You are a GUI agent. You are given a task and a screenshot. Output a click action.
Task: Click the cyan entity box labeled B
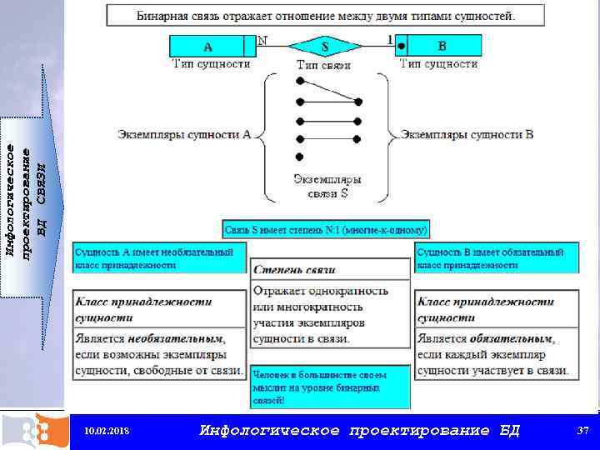pos(442,46)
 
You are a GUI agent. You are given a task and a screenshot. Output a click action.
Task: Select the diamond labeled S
pos(325,46)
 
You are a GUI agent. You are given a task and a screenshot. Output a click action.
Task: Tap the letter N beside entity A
pos(263,39)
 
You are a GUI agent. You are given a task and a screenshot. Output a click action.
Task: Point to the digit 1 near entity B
pos(389,39)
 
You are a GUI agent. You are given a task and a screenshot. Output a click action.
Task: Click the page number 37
pos(583,430)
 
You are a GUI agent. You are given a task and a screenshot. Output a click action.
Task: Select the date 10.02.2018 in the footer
pos(107,431)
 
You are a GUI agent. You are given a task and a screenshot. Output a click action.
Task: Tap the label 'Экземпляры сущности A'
pos(184,133)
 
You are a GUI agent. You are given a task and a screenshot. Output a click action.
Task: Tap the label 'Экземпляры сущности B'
pos(467,133)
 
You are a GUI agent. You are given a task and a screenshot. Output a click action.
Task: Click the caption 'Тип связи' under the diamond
pos(323,64)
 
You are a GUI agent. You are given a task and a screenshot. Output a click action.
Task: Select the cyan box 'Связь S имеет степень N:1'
pos(326,228)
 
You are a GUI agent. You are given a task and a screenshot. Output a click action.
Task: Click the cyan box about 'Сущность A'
pos(159,257)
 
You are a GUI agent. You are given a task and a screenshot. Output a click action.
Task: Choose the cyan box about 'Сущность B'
pos(496,257)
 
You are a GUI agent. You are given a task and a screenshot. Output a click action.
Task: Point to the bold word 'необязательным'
pos(176,339)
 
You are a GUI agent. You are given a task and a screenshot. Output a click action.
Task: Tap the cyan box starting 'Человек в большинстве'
pos(330,387)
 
